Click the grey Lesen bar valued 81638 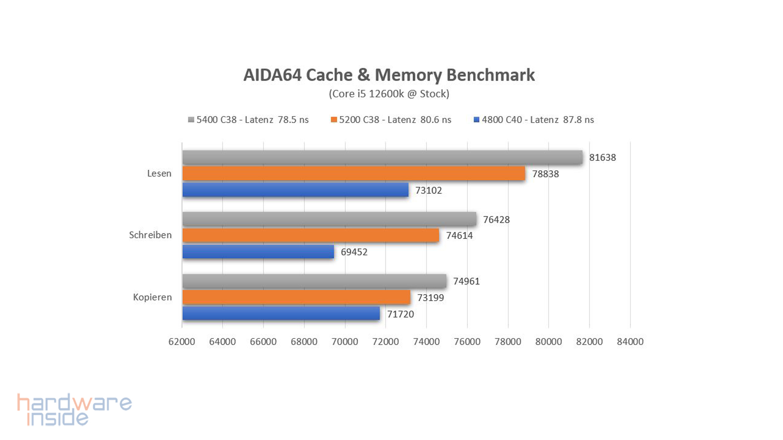382,157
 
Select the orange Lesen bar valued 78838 354,174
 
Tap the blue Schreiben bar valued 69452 258,252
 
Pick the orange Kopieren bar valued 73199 296,297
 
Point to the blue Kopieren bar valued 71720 281,314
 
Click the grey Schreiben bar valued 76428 329,219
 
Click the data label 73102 428,190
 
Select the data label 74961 466,281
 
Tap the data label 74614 459,235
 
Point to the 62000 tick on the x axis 181,341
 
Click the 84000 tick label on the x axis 630,341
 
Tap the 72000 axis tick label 385,341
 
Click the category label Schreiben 150,235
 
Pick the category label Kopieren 152,297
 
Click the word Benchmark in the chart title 490,75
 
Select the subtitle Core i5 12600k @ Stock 389,94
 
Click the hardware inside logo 74,409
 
